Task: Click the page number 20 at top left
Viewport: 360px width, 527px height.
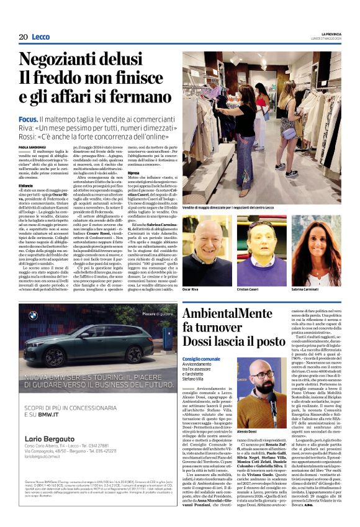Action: tap(23, 37)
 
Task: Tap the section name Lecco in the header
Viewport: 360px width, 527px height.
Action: tap(42, 37)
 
